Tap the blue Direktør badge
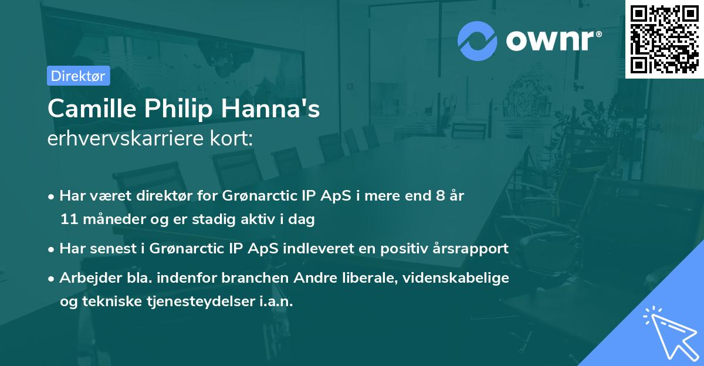78,76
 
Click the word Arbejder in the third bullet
86,277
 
